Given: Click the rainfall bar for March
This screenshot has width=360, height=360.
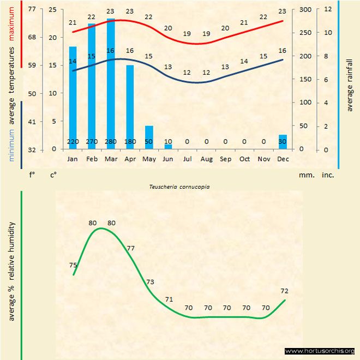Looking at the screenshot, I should click(x=111, y=82).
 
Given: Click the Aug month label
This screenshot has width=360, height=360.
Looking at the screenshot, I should click(x=206, y=159).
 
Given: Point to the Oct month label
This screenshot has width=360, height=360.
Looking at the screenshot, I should click(x=244, y=159).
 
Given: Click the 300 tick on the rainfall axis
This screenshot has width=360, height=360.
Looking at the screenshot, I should click(x=305, y=9).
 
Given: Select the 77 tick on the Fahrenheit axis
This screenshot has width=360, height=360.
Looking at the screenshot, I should click(x=32, y=9).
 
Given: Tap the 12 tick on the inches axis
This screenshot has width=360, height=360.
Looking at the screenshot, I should click(x=328, y=9).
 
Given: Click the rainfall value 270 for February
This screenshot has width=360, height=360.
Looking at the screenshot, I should click(x=92, y=142).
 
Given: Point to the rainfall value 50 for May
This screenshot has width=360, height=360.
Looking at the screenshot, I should click(x=149, y=142).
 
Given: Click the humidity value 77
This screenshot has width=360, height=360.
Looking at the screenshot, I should click(x=131, y=248).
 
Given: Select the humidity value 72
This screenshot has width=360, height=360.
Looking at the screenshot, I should click(x=284, y=291).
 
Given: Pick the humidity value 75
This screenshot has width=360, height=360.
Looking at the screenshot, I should click(x=73, y=265).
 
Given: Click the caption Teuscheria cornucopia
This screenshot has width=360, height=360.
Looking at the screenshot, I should click(x=179, y=186).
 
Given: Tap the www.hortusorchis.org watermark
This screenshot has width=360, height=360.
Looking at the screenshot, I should click(x=320, y=351).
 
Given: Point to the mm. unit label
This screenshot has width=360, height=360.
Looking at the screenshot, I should click(x=305, y=176).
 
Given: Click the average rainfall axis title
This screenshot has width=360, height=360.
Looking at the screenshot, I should click(x=350, y=83).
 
